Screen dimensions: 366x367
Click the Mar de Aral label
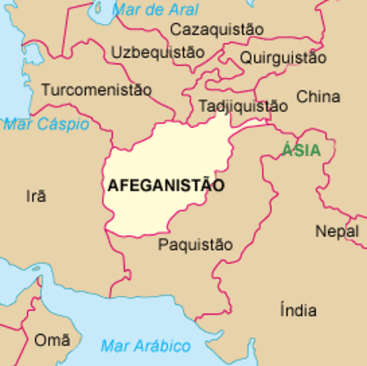(x=155, y=10)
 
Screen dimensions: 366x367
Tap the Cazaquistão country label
(x=217, y=30)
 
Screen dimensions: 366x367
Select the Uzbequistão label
(x=158, y=53)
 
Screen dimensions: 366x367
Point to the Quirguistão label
(x=283, y=58)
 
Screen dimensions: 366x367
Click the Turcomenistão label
(x=97, y=90)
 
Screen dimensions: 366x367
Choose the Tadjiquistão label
(x=243, y=107)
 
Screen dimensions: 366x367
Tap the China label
(x=318, y=97)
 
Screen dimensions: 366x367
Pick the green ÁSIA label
(x=301, y=150)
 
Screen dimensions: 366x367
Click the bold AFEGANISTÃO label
(x=166, y=185)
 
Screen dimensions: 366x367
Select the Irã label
(x=36, y=197)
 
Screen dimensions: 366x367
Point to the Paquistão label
(x=195, y=245)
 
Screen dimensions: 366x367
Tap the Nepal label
(x=337, y=231)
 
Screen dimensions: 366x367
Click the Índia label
(x=298, y=311)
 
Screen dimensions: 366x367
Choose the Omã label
(x=51, y=340)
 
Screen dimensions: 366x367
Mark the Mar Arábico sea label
(x=145, y=346)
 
